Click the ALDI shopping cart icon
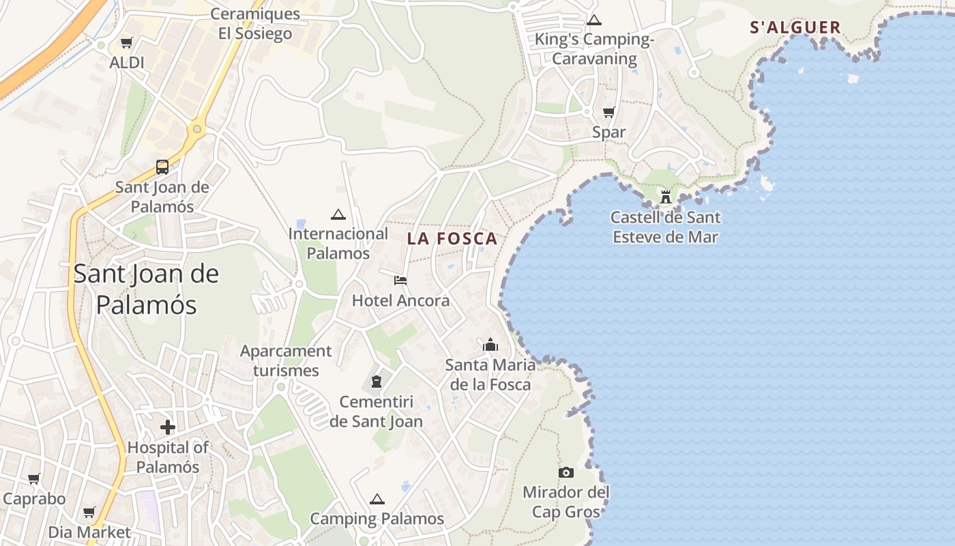(126, 44)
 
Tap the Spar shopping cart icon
(608, 113)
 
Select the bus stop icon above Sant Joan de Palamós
(162, 167)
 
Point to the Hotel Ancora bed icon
(400, 281)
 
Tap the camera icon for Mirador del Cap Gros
(565, 472)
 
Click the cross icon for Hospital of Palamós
(168, 428)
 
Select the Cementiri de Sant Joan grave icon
(376, 382)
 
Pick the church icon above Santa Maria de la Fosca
(490, 345)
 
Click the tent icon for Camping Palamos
(377, 500)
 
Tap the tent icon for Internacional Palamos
(338, 214)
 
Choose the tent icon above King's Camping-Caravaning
(594, 20)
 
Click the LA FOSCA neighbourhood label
(452, 239)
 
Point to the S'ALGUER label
(795, 27)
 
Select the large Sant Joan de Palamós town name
(146, 289)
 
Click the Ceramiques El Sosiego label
(255, 24)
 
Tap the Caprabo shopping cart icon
(34, 479)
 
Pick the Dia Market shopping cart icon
(89, 513)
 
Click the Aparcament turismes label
(286, 361)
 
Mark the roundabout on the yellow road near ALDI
(197, 128)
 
